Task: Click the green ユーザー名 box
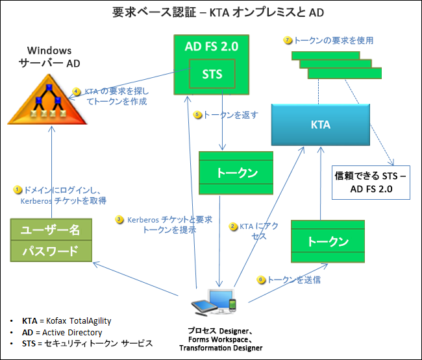(51, 230)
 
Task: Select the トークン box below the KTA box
(328, 241)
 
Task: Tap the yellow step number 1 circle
(18, 189)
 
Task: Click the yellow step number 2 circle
(233, 226)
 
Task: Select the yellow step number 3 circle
(119, 219)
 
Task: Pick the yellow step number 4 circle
(77, 91)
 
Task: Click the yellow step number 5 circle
(198, 115)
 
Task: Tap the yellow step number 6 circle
(261, 280)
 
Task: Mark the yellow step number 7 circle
(288, 40)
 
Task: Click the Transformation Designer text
(221, 348)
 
